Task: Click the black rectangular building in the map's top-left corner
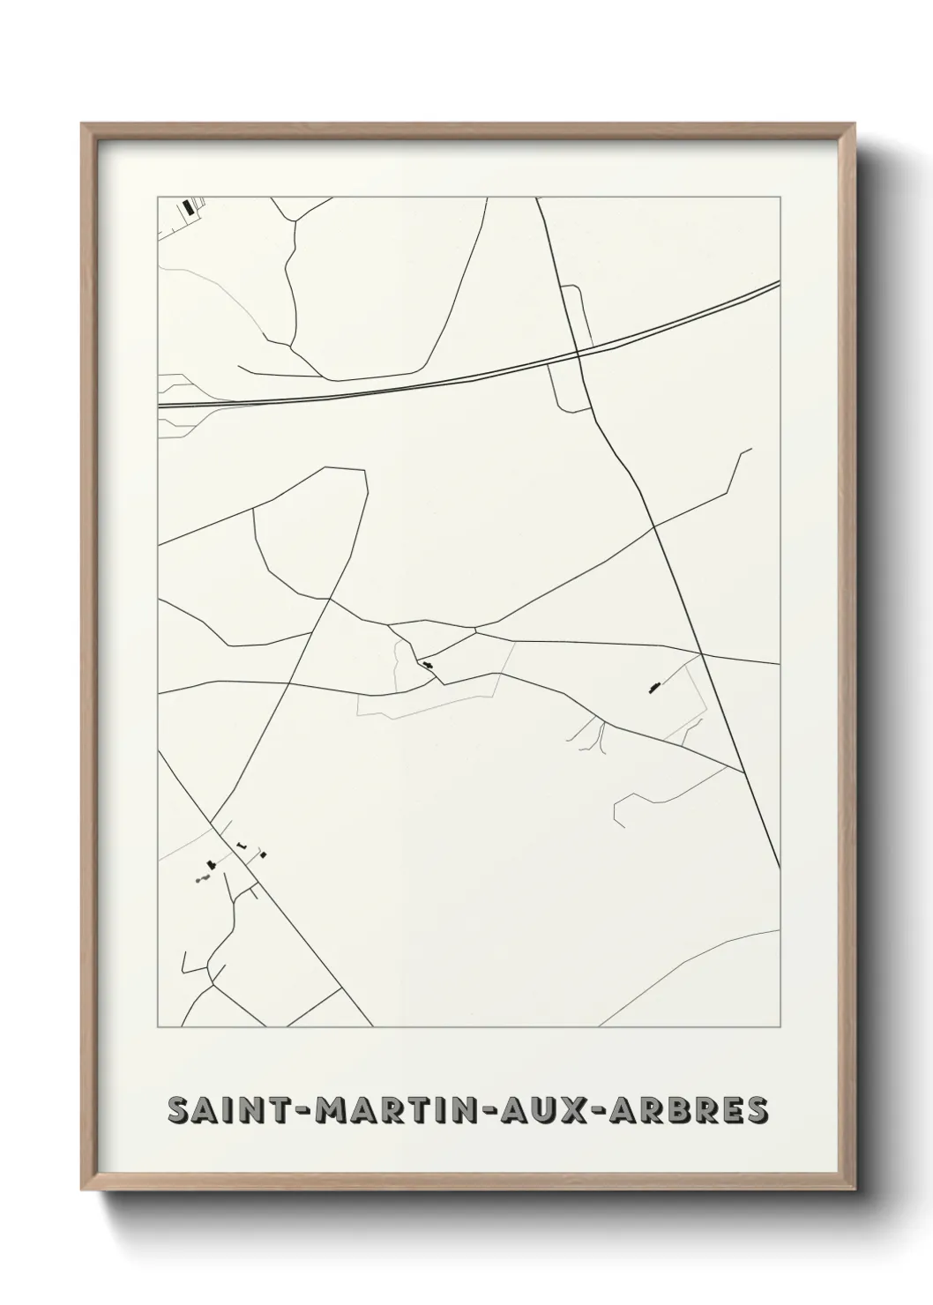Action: coord(186,208)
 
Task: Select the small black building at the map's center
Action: coord(428,664)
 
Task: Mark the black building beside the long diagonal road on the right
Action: coord(653,685)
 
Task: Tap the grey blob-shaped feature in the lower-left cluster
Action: coord(204,878)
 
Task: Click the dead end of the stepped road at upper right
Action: coord(751,449)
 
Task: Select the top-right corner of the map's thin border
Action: coord(780,198)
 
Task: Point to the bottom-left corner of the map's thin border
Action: coord(158,1027)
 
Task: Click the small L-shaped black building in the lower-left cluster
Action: coord(241,845)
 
